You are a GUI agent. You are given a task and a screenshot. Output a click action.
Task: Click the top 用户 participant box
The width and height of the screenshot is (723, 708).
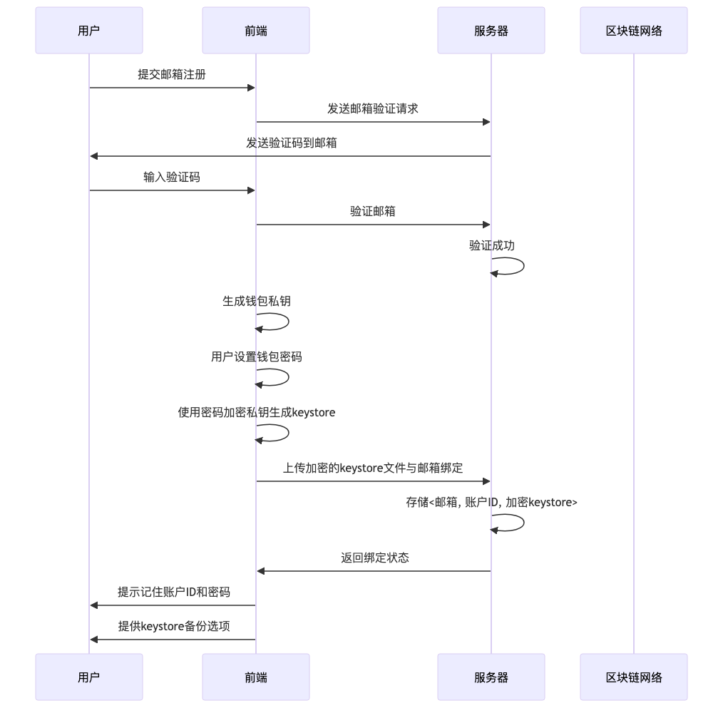[x=89, y=31]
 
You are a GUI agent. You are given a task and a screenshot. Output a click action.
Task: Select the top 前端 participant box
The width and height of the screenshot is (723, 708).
[x=256, y=31]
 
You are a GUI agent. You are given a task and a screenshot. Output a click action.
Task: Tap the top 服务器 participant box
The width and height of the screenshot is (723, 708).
[x=491, y=31]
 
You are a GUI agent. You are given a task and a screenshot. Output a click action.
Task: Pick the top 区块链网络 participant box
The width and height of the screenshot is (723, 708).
[x=634, y=31]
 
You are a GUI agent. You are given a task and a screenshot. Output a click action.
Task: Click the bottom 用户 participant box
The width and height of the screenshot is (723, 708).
[x=89, y=677]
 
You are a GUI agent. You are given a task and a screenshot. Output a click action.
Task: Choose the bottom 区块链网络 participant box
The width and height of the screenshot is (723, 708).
[x=634, y=677]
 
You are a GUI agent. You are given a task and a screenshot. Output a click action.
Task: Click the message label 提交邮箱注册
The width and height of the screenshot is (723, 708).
[x=172, y=75]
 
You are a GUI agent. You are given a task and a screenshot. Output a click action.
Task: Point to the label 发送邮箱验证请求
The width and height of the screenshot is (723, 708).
[x=373, y=109]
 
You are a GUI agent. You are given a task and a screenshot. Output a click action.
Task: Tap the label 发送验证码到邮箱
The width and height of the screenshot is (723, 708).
[x=292, y=143]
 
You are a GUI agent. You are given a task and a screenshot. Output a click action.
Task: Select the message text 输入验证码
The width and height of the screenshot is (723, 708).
[x=172, y=178]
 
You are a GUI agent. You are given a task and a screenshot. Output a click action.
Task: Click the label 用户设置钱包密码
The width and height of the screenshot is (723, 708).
[x=256, y=357]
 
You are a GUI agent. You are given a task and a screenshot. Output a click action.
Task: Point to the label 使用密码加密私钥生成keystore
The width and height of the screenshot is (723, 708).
[x=256, y=413]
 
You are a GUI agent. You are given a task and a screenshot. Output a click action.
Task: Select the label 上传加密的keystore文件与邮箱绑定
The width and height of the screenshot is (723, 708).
[x=373, y=468]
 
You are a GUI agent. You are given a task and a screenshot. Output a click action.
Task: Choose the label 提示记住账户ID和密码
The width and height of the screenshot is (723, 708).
[x=173, y=592]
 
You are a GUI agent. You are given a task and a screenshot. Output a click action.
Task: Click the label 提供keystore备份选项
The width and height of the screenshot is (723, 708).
[x=173, y=627]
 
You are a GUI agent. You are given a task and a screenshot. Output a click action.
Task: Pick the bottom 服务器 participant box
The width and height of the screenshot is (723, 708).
[x=491, y=677]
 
